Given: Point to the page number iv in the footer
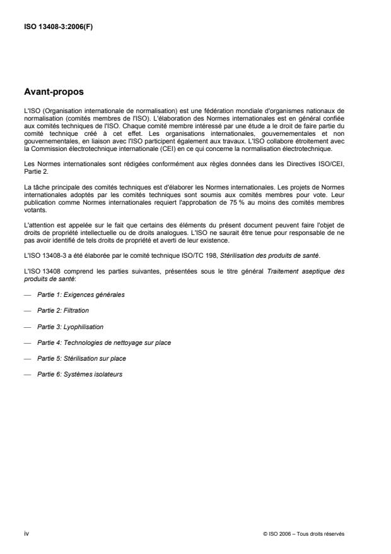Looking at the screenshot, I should tap(26, 533).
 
